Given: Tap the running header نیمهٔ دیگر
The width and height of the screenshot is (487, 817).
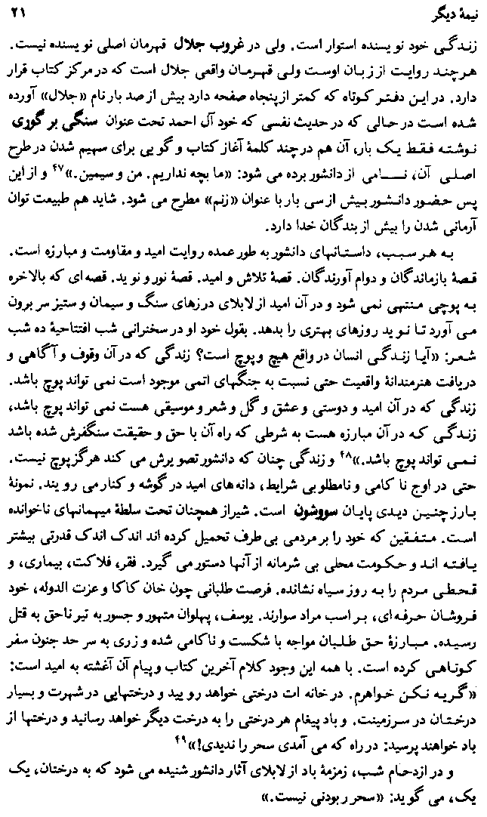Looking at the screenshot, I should [439, 13].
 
